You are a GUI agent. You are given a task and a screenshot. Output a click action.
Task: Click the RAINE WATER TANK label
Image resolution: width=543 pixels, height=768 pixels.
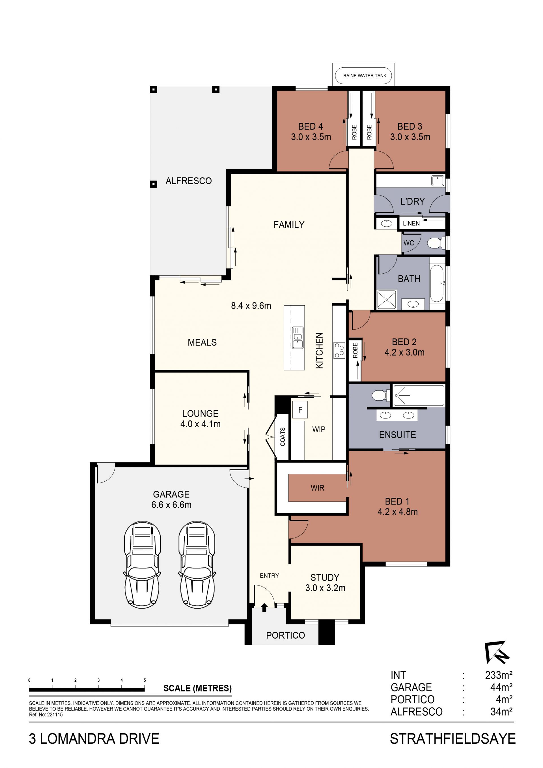click(365, 76)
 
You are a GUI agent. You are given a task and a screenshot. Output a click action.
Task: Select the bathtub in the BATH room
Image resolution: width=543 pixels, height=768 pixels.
click(437, 283)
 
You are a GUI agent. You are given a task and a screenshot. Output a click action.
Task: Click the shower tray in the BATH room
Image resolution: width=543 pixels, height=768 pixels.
click(387, 299)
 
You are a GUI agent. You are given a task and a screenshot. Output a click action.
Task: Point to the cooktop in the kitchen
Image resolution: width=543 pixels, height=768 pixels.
click(339, 350)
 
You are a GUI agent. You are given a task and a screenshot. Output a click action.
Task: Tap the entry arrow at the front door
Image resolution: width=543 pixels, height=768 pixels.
click(264, 607)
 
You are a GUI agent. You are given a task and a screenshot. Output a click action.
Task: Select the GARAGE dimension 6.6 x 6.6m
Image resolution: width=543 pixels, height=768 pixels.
click(171, 505)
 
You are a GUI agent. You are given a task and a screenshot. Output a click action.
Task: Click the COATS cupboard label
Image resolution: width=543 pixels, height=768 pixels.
click(283, 437)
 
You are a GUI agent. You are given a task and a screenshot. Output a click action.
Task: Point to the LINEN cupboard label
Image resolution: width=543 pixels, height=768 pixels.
click(411, 224)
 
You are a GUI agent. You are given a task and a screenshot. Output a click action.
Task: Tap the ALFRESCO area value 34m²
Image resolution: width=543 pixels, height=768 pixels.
click(501, 711)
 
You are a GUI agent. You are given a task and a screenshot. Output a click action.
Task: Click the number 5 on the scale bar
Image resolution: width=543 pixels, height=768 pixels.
click(145, 680)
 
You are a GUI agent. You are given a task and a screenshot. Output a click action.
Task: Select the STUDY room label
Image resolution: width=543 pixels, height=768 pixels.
click(325, 577)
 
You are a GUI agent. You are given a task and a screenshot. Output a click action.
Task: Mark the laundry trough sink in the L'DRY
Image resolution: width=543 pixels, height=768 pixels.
click(437, 181)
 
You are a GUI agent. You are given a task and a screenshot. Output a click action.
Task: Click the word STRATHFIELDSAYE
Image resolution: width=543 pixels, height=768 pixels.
click(453, 739)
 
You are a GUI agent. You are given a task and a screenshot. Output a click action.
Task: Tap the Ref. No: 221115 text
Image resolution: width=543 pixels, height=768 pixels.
click(46, 715)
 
